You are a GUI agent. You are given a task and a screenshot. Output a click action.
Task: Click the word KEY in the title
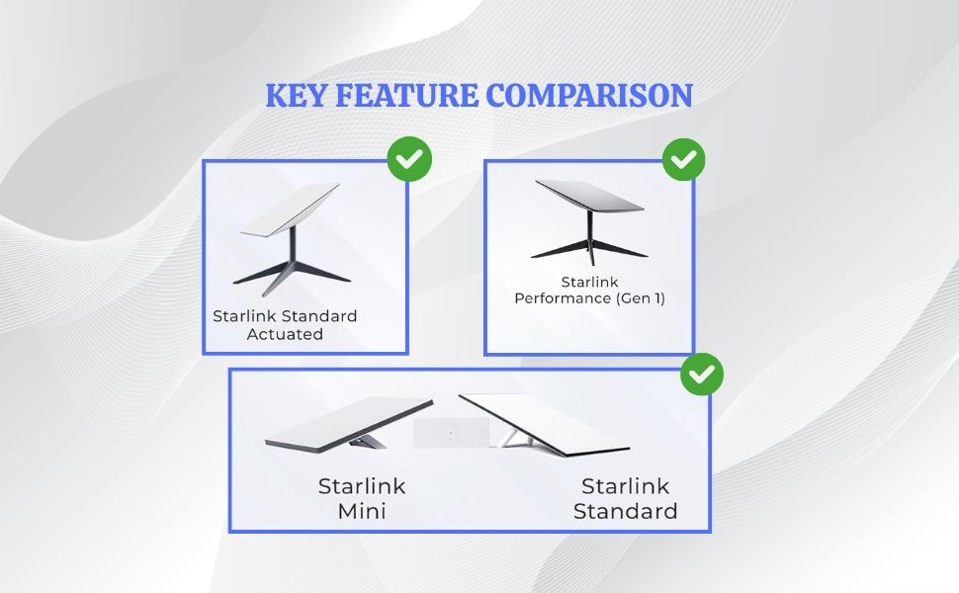coord(296,95)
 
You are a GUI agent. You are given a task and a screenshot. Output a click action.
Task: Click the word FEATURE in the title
coord(406,95)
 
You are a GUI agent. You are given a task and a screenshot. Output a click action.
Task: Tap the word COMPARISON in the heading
coord(589,95)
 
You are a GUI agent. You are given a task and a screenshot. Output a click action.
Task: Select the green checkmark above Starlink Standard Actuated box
coord(409,159)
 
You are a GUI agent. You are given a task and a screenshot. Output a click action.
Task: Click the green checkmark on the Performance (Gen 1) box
coord(684,159)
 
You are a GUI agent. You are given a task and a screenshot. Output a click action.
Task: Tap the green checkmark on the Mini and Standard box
coord(702,374)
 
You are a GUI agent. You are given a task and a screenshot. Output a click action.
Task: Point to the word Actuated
coord(285,334)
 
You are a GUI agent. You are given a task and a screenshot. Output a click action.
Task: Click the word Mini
coord(362,511)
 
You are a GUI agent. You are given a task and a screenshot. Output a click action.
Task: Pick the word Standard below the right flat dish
coord(625,511)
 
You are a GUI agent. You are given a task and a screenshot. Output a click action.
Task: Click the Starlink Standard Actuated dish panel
coord(290,210)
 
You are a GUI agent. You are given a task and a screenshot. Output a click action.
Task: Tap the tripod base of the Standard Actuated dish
coord(292,272)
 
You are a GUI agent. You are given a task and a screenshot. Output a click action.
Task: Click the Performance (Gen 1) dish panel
coord(589,196)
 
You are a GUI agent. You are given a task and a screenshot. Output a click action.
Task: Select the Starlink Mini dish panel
coord(349,424)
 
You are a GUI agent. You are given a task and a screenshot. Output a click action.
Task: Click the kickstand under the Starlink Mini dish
coord(368,440)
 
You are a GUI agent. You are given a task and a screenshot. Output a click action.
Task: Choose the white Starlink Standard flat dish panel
coord(544,424)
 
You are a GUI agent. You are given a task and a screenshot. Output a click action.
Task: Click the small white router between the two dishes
coord(452,433)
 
